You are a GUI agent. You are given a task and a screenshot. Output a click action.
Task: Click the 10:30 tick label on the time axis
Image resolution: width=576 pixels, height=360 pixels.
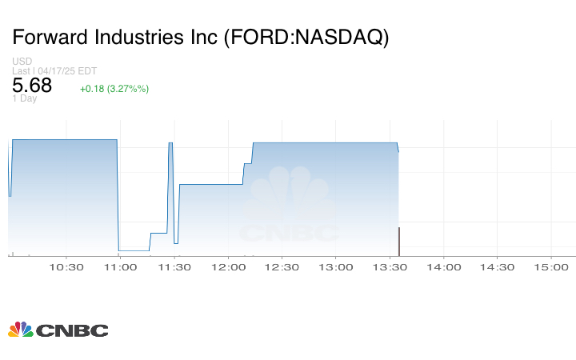pyautogui.click(x=66, y=267)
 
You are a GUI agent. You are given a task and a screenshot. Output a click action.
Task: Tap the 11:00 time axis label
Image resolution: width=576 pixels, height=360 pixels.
pyautogui.click(x=120, y=267)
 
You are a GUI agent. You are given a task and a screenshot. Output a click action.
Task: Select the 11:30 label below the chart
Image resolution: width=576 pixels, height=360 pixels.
pyautogui.click(x=174, y=267)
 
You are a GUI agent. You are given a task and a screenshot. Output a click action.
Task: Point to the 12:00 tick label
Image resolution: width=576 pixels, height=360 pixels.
pyautogui.click(x=228, y=267)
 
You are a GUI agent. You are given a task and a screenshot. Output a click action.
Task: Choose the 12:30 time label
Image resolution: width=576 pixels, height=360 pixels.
pyautogui.click(x=282, y=267)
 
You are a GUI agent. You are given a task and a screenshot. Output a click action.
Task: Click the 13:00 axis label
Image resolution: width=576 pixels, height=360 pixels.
pyautogui.click(x=335, y=267)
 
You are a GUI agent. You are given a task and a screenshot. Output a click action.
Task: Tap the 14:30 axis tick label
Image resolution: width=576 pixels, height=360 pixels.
pyautogui.click(x=497, y=267)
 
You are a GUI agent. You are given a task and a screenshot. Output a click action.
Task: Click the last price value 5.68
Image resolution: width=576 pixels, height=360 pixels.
pyautogui.click(x=32, y=86)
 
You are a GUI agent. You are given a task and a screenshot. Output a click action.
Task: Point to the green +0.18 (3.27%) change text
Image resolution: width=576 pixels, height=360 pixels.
pyautogui.click(x=114, y=88)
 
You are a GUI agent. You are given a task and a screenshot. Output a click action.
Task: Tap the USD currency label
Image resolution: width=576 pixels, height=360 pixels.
pyautogui.click(x=22, y=62)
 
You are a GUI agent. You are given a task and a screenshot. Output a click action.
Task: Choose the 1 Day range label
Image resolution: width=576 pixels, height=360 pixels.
pyautogui.click(x=25, y=98)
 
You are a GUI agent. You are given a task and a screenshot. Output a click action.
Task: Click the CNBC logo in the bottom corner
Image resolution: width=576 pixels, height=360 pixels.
pyautogui.click(x=58, y=330)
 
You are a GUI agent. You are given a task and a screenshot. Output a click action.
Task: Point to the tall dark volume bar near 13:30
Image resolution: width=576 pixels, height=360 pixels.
pyautogui.click(x=399, y=242)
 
